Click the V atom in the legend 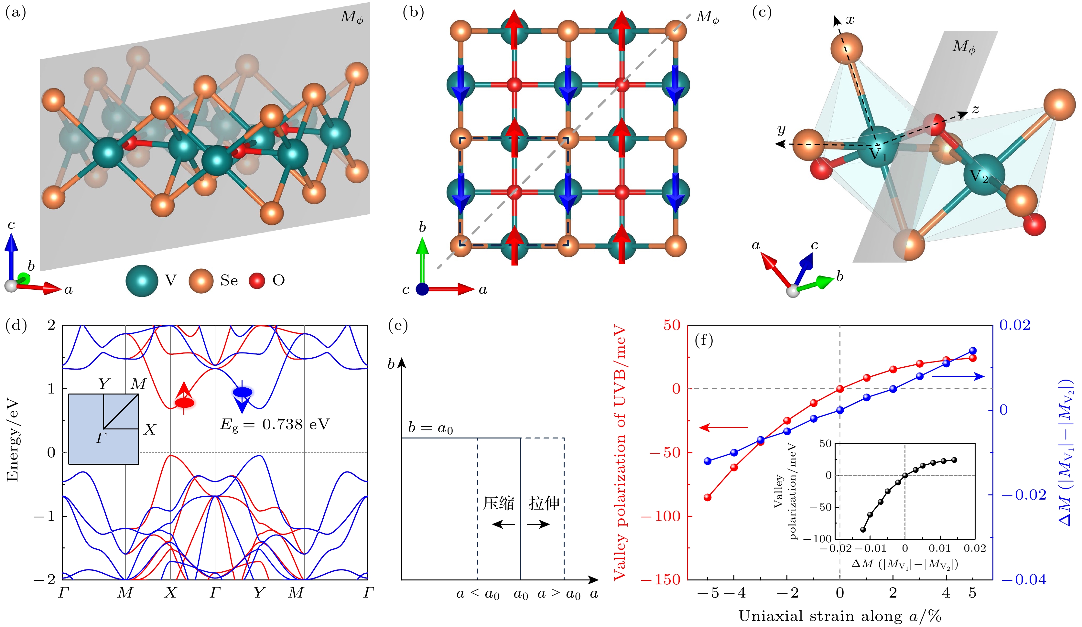[x=141, y=280]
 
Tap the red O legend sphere [x=257, y=280]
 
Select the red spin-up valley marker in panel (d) [x=185, y=402]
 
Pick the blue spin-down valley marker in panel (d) [x=243, y=392]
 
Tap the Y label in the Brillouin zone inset [x=104, y=384]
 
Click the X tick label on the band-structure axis [x=170, y=593]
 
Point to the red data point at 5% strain [x=973, y=358]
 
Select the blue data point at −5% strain [x=708, y=461]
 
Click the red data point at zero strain [x=840, y=389]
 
